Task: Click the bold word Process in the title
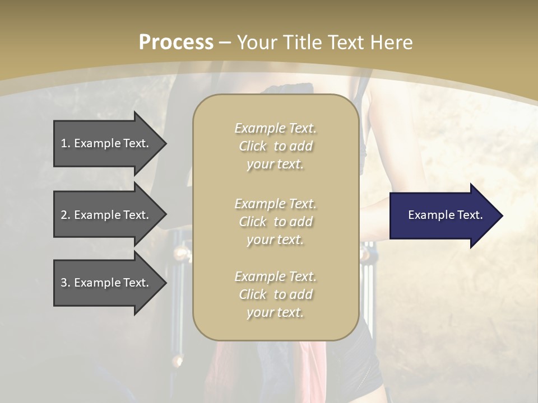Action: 176,43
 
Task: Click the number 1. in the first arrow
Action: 66,143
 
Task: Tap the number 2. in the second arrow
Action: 66,215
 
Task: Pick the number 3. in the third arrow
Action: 66,283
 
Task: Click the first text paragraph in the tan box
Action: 275,146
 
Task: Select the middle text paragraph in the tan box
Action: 275,222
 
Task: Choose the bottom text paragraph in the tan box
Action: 275,294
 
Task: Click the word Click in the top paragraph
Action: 253,146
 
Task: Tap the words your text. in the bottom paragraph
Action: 275,312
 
